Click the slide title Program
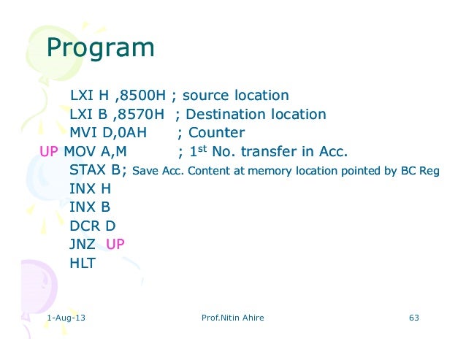100,49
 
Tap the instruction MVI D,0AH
108,134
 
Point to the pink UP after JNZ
115,245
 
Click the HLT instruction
83,264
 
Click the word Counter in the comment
216,134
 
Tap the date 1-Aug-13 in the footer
65,318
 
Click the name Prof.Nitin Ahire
232,318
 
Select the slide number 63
414,318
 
